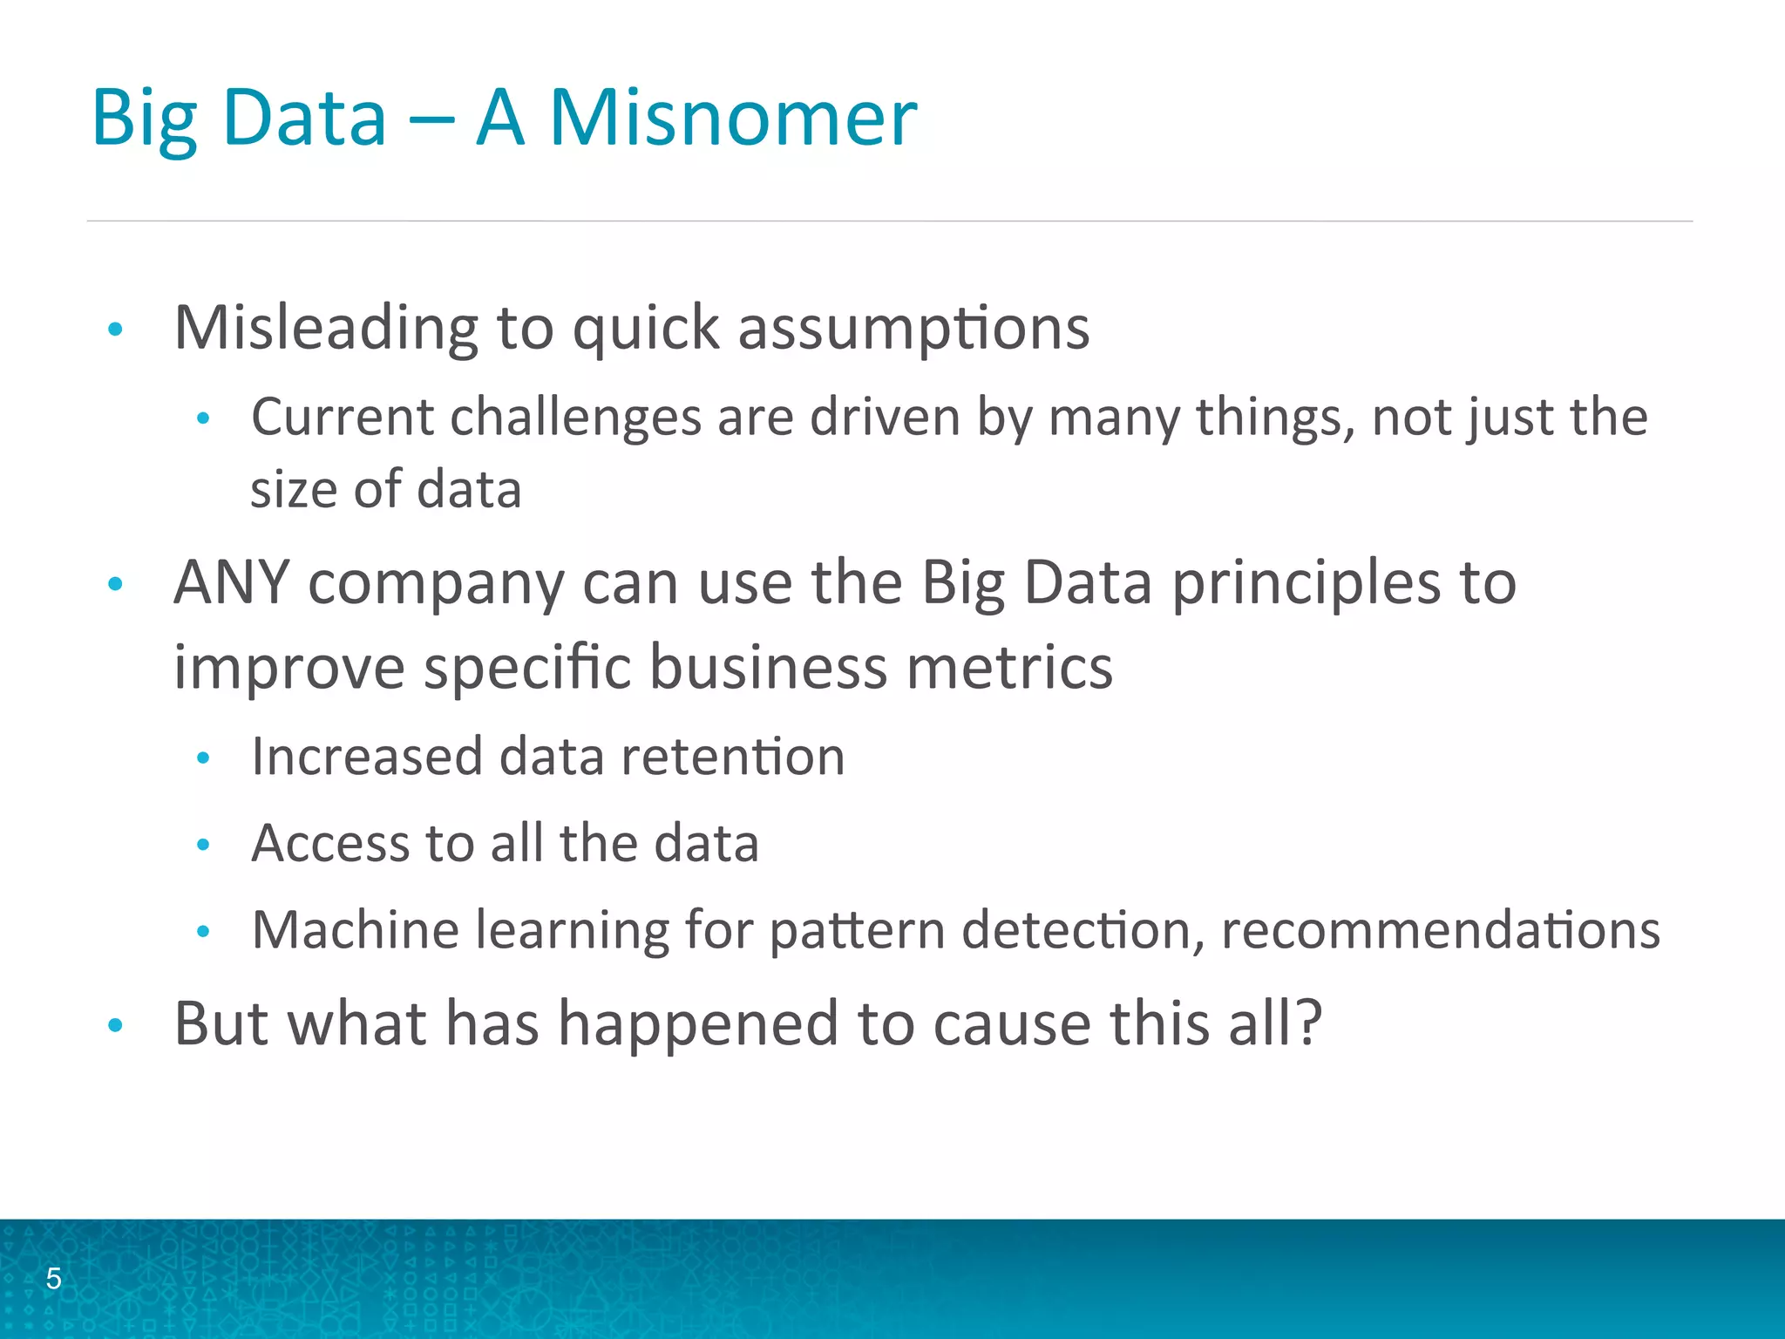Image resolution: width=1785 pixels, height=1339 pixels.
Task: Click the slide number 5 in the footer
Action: point(54,1278)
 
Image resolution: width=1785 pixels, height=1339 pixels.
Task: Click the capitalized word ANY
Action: point(232,582)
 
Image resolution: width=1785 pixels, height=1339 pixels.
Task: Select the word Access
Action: point(330,843)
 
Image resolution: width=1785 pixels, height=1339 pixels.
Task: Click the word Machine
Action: point(356,929)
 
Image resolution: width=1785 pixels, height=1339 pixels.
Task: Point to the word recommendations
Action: point(1440,929)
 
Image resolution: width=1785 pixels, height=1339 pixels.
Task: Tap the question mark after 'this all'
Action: point(1309,1022)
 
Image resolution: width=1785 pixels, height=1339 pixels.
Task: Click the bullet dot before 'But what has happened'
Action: point(115,1025)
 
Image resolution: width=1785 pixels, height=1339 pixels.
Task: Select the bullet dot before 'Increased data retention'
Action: point(203,758)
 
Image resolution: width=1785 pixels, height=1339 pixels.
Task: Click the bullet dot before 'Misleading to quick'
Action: point(115,330)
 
